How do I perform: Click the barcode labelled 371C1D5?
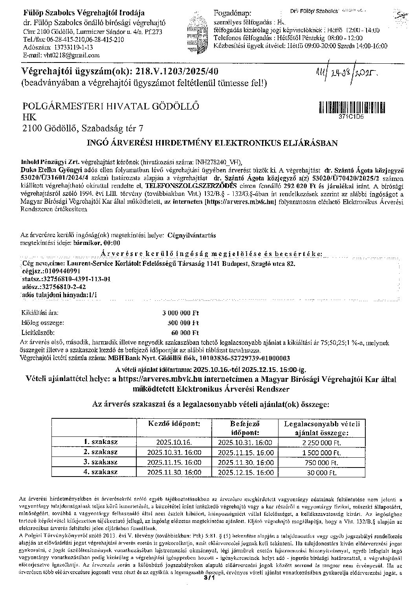(x=348, y=108)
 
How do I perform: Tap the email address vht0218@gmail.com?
(x=72, y=55)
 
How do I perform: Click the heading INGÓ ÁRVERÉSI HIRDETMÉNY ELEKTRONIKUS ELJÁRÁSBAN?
(x=212, y=143)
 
